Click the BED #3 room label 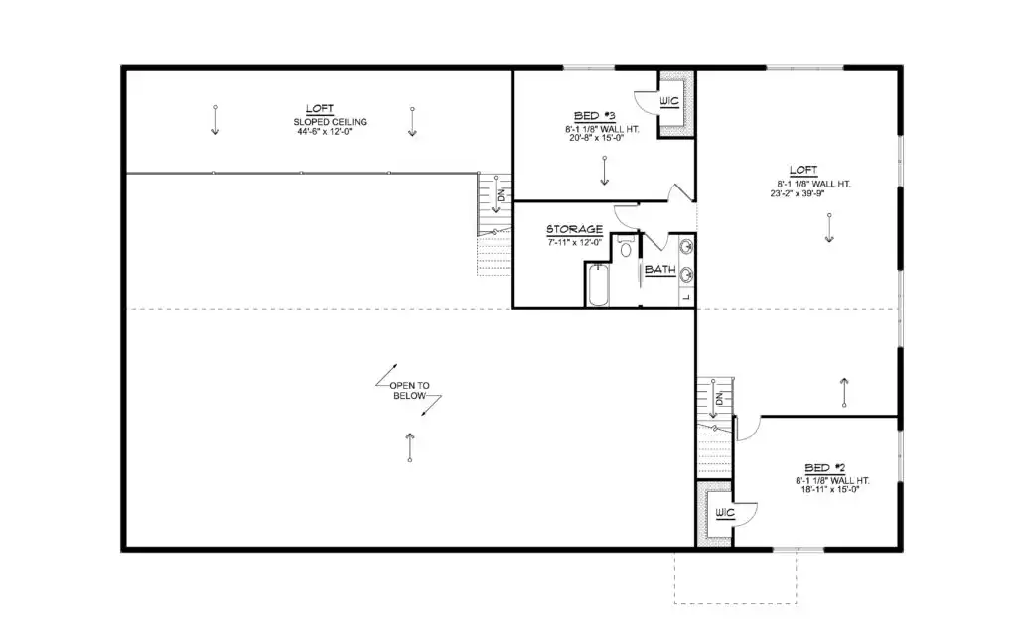(x=594, y=116)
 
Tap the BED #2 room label (x=825, y=468)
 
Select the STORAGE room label (x=574, y=229)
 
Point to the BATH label (x=660, y=270)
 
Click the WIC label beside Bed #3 (x=668, y=102)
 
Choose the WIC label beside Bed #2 (x=724, y=513)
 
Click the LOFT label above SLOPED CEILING (x=320, y=109)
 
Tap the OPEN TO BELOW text (x=409, y=391)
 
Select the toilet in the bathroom (x=626, y=247)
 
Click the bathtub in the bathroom (x=598, y=285)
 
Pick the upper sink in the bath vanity (x=685, y=247)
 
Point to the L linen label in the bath (x=687, y=297)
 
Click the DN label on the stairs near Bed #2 (x=719, y=396)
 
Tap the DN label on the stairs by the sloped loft (x=501, y=193)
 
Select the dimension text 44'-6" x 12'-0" (x=325, y=132)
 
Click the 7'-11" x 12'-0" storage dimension (x=575, y=242)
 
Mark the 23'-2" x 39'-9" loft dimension (x=798, y=193)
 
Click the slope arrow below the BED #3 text (x=605, y=171)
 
